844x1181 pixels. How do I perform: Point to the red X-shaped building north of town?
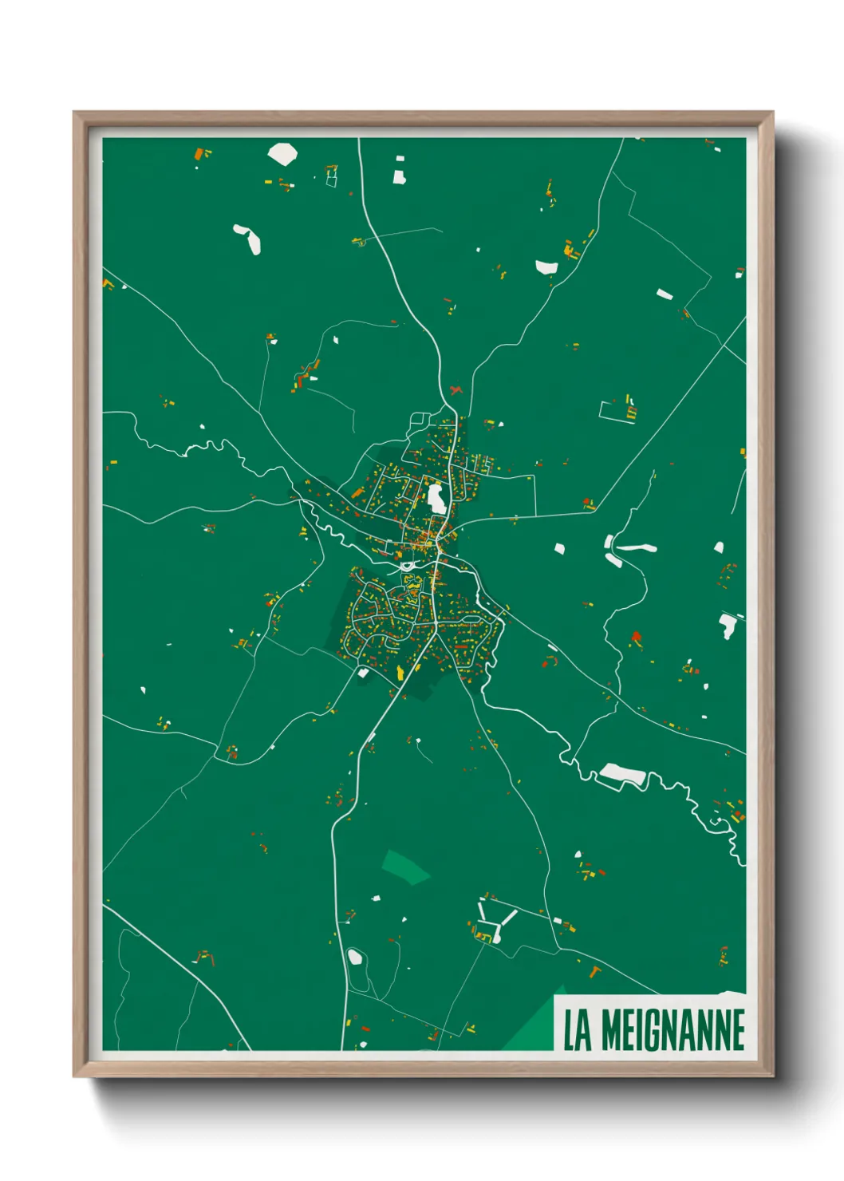456,390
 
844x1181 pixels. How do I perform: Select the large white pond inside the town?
436,498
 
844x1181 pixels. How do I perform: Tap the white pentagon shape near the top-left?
282,153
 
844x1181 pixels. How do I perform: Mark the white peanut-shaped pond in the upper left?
248,238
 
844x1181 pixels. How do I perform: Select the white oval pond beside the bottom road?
355,956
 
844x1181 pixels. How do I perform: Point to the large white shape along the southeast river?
621,773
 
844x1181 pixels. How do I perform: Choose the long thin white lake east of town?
637,547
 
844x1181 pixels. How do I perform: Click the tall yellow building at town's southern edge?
400,673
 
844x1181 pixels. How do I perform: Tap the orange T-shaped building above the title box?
594,970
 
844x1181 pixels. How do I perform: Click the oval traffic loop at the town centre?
408,566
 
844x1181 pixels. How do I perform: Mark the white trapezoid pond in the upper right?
546,267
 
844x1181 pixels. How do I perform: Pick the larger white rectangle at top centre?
399,176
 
